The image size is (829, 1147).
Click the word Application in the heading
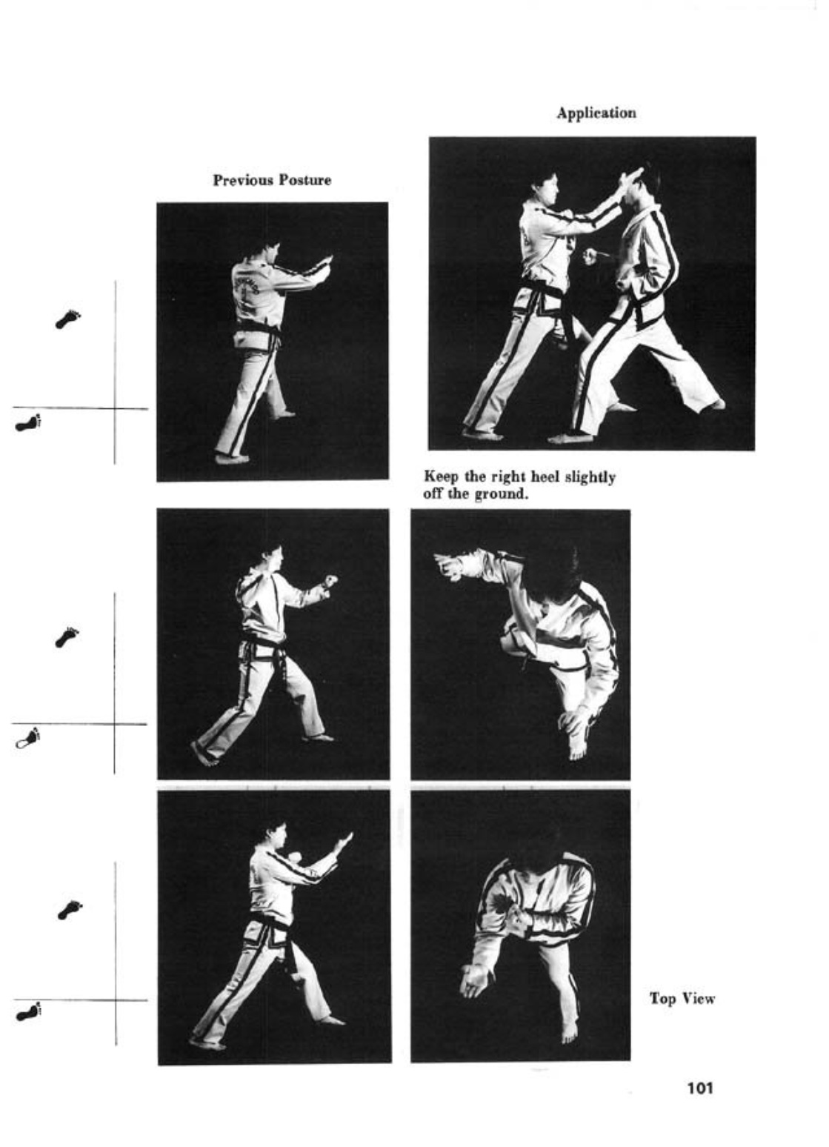pyautogui.click(x=596, y=113)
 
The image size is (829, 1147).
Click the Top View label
pyautogui.click(x=682, y=999)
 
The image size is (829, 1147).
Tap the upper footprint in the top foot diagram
pyautogui.click(x=69, y=319)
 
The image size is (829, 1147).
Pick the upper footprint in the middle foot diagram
pyautogui.click(x=67, y=636)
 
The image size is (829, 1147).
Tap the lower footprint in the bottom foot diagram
pyautogui.click(x=28, y=1013)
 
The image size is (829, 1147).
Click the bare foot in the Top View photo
pyautogui.click(x=569, y=1029)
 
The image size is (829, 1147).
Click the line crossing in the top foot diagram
pyautogui.click(x=115, y=408)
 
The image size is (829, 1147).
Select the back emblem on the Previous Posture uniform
pyautogui.click(x=248, y=287)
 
